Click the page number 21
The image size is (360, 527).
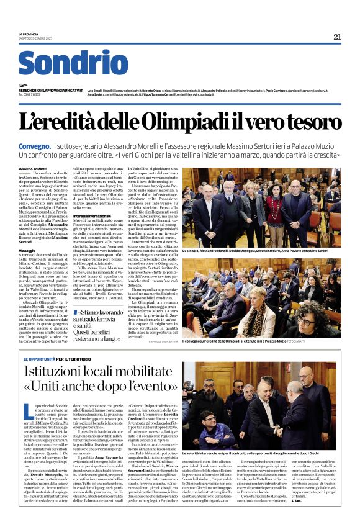click(337, 37)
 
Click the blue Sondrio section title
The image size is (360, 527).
click(73, 63)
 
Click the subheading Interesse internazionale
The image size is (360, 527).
click(94, 215)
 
